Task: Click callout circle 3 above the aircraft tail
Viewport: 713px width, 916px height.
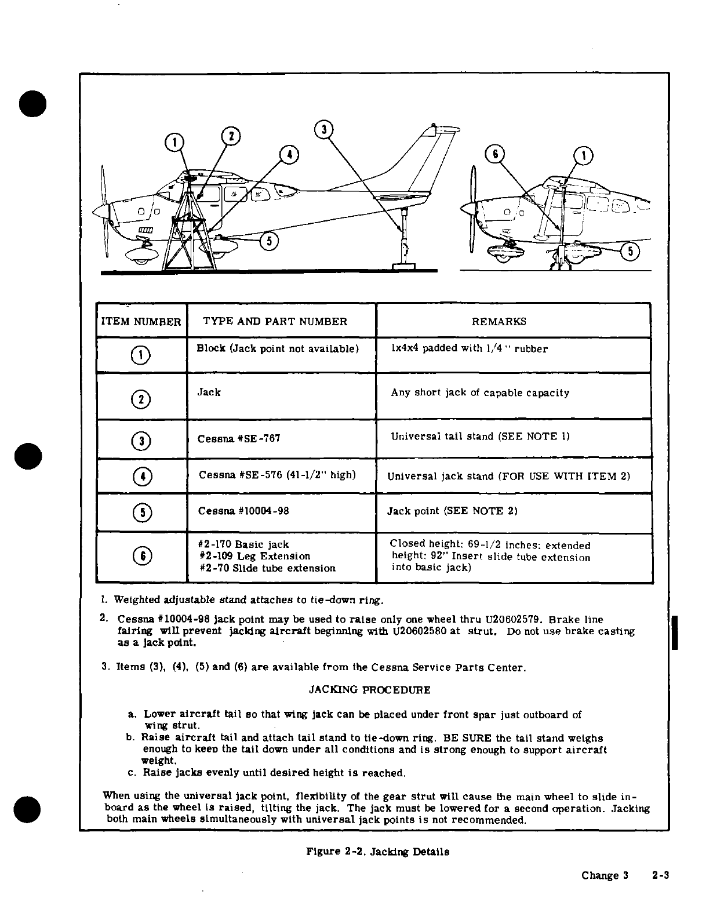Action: click(x=323, y=129)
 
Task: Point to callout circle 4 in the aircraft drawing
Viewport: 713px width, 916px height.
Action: click(x=288, y=155)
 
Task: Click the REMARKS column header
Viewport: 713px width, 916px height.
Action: click(x=499, y=322)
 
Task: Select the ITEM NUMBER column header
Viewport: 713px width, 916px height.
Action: click(x=141, y=322)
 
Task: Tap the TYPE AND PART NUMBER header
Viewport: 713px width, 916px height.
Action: click(x=275, y=322)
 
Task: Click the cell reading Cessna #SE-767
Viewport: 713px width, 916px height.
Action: click(x=239, y=438)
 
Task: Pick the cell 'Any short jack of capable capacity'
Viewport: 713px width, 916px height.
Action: click(x=480, y=393)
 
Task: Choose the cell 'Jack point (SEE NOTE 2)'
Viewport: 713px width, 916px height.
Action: click(x=452, y=511)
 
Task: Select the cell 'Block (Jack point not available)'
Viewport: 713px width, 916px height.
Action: click(x=278, y=348)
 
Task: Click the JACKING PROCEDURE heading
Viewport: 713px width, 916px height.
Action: click(x=369, y=690)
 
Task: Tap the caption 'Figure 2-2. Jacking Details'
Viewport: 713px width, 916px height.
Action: click(x=377, y=852)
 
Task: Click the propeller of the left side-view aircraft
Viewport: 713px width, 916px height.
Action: click(x=104, y=212)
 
